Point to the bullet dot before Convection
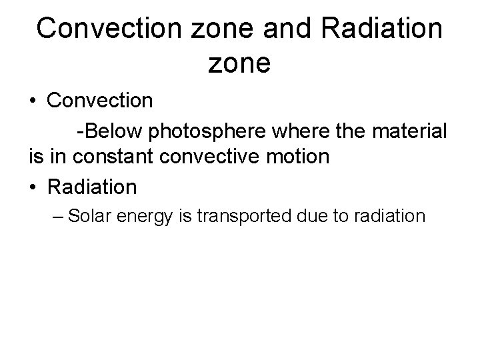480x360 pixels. pyautogui.click(x=33, y=102)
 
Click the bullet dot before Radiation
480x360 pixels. pyautogui.click(x=33, y=187)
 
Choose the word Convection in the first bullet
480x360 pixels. pyautogui.click(x=101, y=101)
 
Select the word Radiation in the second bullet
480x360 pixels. pyautogui.click(x=92, y=187)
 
